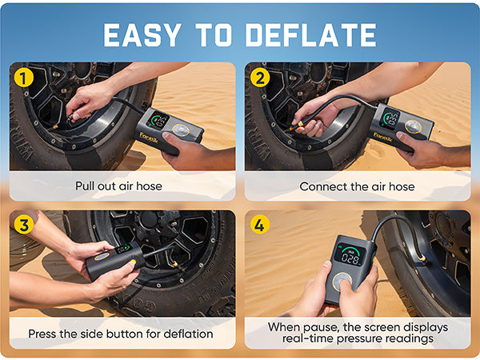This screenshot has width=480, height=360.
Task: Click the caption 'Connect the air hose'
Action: coord(357,186)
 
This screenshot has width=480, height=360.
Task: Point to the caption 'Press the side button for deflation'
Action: coord(122,334)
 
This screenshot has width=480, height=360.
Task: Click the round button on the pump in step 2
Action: coord(414,126)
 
